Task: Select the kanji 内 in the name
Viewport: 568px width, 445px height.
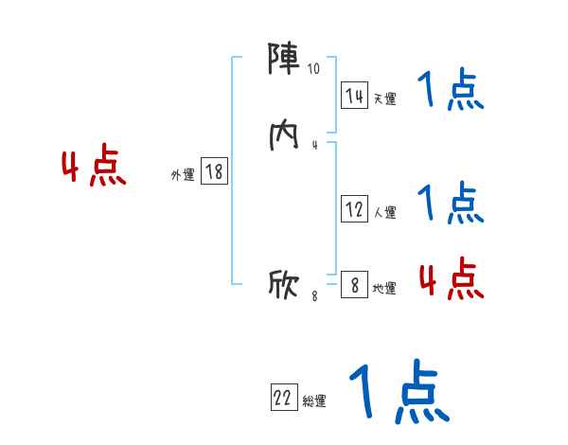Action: (x=284, y=134)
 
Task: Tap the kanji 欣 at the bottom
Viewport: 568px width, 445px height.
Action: (x=284, y=283)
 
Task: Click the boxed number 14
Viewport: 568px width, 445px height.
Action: (x=354, y=96)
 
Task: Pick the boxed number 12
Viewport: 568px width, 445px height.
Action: (x=354, y=210)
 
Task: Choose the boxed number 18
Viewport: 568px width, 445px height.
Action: (x=214, y=171)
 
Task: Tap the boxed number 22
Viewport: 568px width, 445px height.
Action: (x=283, y=399)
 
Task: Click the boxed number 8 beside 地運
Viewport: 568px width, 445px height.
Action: (x=354, y=285)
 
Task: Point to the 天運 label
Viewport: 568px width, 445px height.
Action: (x=384, y=98)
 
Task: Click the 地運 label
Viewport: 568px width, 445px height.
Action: (x=384, y=288)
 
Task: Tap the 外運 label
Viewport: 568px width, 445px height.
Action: (x=183, y=174)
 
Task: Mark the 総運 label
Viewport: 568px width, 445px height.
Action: (x=314, y=401)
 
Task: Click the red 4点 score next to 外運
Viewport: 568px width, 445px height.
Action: (x=94, y=168)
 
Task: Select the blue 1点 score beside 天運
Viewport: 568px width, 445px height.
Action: (x=451, y=92)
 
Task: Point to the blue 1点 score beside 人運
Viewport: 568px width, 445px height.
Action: (x=451, y=203)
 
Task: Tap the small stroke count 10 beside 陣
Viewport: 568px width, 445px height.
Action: (x=314, y=69)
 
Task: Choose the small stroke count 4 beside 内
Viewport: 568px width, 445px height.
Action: (x=314, y=145)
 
